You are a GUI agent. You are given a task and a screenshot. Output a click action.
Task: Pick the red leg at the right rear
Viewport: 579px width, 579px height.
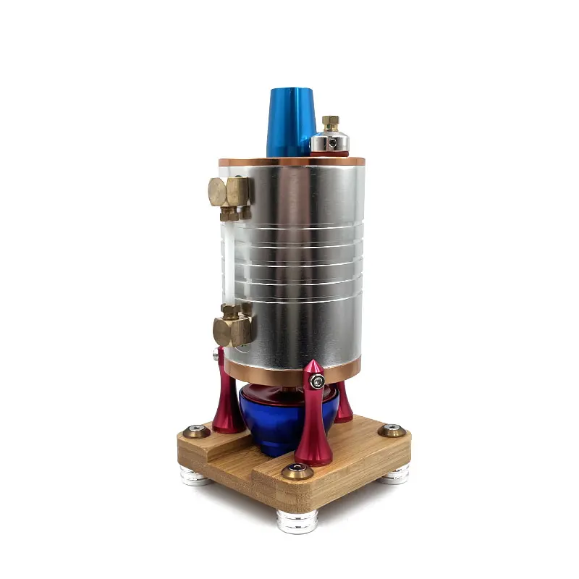click(x=344, y=402)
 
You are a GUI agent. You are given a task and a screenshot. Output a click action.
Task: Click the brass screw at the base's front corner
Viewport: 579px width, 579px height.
click(x=297, y=471)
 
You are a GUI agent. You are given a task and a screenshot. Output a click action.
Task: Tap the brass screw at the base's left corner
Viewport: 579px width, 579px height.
click(x=196, y=432)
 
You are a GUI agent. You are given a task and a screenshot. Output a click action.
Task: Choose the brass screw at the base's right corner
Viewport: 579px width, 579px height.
click(x=392, y=431)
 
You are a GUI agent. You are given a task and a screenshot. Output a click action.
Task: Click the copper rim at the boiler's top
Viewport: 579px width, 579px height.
click(x=289, y=161)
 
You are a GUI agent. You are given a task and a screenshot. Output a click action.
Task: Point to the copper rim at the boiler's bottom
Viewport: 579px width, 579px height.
click(x=289, y=378)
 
